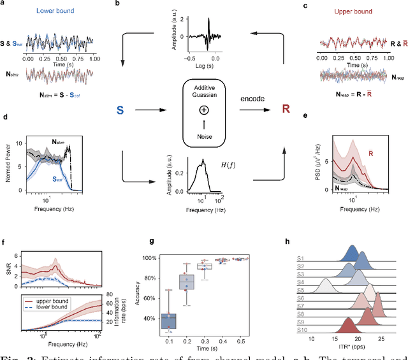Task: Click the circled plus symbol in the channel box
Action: pos(204,110)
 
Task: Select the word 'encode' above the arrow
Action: pos(254,99)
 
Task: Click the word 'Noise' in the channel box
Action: pos(204,136)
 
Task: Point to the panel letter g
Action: pos(150,241)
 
